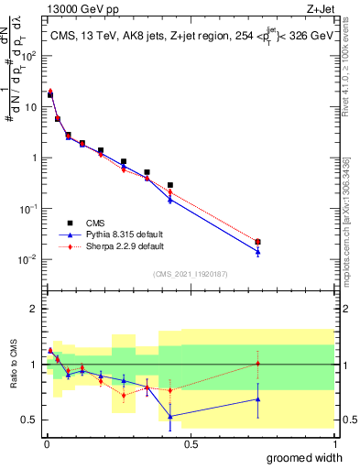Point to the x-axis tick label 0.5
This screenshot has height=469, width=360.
[x=191, y=444]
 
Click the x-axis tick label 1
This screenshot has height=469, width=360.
[x=333, y=444]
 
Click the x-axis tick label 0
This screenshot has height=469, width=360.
[x=47, y=444]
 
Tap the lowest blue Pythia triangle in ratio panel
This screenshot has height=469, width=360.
[x=170, y=416]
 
